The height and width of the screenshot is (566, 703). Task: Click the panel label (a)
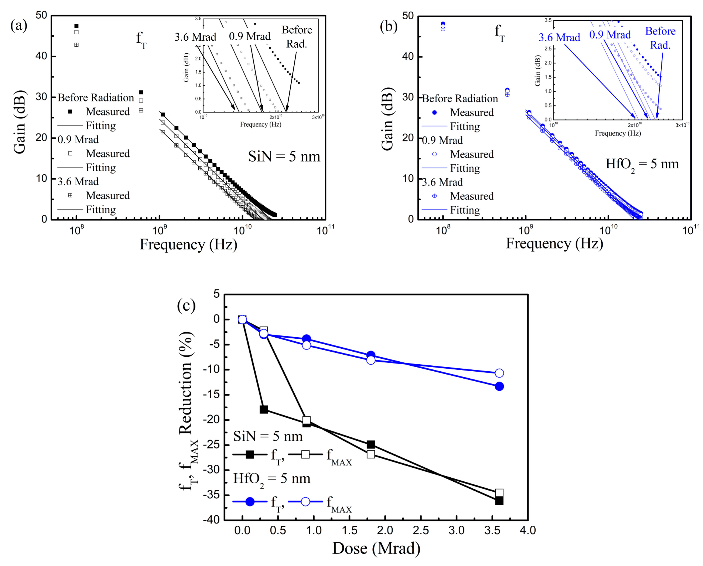point(19,25)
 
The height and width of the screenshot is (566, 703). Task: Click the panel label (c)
point(186,305)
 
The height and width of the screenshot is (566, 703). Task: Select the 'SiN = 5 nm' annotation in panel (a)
point(284,156)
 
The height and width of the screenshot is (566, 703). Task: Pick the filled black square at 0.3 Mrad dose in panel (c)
point(264,410)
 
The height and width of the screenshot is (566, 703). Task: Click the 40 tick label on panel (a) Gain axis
point(41,56)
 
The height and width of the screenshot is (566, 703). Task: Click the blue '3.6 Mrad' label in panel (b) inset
point(559,38)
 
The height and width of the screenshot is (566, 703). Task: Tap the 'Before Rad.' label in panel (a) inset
point(297,37)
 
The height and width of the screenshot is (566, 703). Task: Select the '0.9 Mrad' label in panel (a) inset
point(250,36)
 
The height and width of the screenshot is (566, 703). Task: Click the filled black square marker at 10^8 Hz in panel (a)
point(76,26)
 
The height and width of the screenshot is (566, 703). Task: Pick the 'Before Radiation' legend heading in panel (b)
point(460,99)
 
